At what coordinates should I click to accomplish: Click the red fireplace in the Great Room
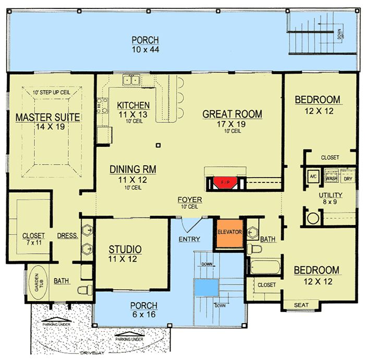pyautogui.click(x=225, y=182)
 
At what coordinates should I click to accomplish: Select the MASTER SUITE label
pyautogui.click(x=47, y=117)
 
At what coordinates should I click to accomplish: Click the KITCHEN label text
pyautogui.click(x=133, y=105)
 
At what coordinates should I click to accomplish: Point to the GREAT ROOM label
pyautogui.click(x=232, y=114)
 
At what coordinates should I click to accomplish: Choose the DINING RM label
pyautogui.click(x=133, y=169)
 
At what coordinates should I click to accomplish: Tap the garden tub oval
pyautogui.click(x=40, y=282)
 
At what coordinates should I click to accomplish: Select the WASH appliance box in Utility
pyautogui.click(x=332, y=175)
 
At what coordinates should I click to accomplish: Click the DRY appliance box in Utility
pyautogui.click(x=348, y=176)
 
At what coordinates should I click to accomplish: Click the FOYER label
pyautogui.click(x=190, y=200)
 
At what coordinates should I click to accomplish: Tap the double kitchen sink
pyautogui.click(x=131, y=80)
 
